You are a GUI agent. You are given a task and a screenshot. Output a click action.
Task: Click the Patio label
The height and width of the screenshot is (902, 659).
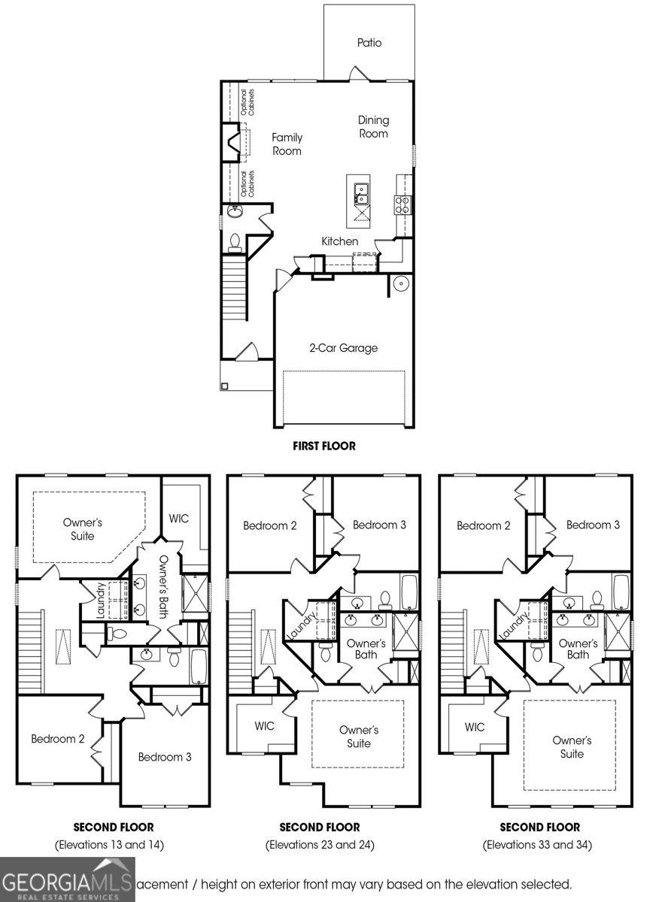pyautogui.click(x=369, y=43)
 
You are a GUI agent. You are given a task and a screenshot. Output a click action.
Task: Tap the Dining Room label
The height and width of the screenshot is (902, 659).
pyautogui.click(x=373, y=126)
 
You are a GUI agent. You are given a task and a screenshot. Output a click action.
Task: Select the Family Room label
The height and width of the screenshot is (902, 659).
pyautogui.click(x=287, y=144)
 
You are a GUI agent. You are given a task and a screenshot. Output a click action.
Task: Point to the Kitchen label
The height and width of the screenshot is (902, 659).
pyautogui.click(x=340, y=241)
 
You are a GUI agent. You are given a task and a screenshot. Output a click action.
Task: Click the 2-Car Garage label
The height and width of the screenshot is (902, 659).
pyautogui.click(x=343, y=348)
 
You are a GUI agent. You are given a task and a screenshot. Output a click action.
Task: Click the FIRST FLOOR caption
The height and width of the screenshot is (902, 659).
pyautogui.click(x=324, y=446)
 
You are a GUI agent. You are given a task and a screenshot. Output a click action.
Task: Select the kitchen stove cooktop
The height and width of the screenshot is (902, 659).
pyautogui.click(x=402, y=204)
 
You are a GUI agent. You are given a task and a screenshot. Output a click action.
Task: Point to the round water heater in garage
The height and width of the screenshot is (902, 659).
pyautogui.click(x=399, y=285)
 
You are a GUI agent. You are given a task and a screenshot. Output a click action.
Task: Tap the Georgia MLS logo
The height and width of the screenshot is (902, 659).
pyautogui.click(x=68, y=880)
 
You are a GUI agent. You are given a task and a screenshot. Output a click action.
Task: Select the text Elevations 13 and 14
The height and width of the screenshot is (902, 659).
pyautogui.click(x=109, y=845)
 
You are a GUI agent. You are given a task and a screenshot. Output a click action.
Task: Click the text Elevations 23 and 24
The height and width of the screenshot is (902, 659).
pyautogui.click(x=320, y=845)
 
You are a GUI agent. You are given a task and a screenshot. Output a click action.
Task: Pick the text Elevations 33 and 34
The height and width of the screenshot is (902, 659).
pyautogui.click(x=537, y=845)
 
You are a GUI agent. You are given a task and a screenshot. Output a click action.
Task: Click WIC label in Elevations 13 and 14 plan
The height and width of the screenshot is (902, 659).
pyautogui.click(x=179, y=519)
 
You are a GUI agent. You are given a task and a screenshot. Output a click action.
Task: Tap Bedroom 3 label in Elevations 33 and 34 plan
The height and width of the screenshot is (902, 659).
pyautogui.click(x=593, y=525)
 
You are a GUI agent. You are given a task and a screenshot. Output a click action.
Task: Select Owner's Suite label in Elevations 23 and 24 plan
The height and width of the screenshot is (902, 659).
pyautogui.click(x=359, y=737)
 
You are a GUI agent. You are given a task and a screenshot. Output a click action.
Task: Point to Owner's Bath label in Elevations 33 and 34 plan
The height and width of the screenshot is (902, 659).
pyautogui.click(x=578, y=649)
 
